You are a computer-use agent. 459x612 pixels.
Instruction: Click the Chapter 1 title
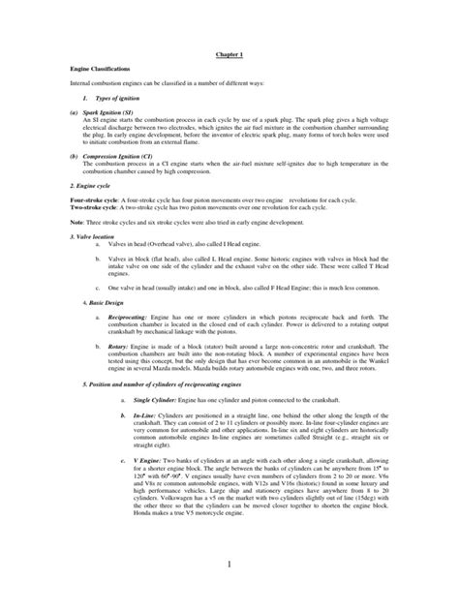[x=229, y=57]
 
